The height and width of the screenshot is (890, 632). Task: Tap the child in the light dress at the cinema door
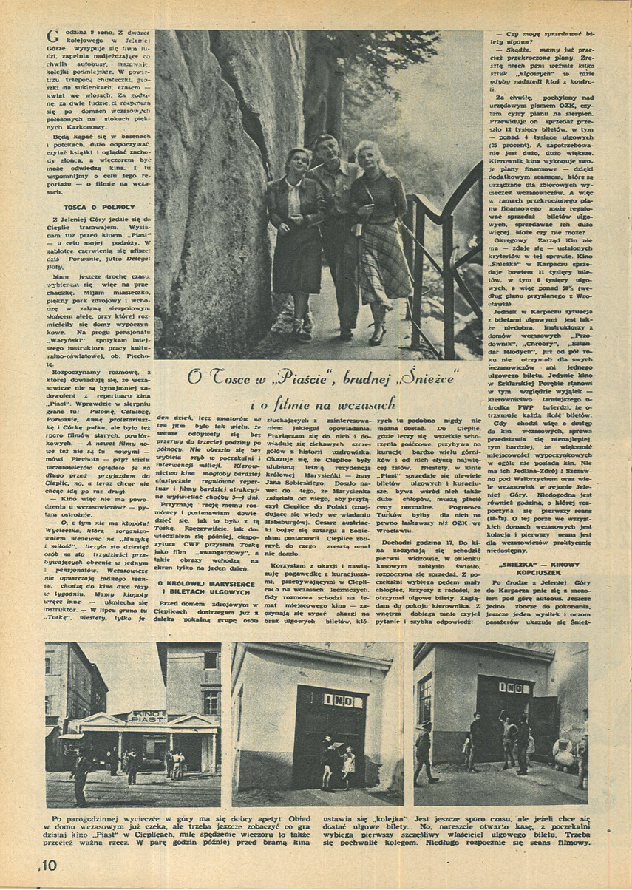tap(346, 764)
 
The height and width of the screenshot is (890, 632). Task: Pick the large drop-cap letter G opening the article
tap(52, 36)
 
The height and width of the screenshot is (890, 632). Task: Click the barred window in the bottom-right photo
tap(425, 699)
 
